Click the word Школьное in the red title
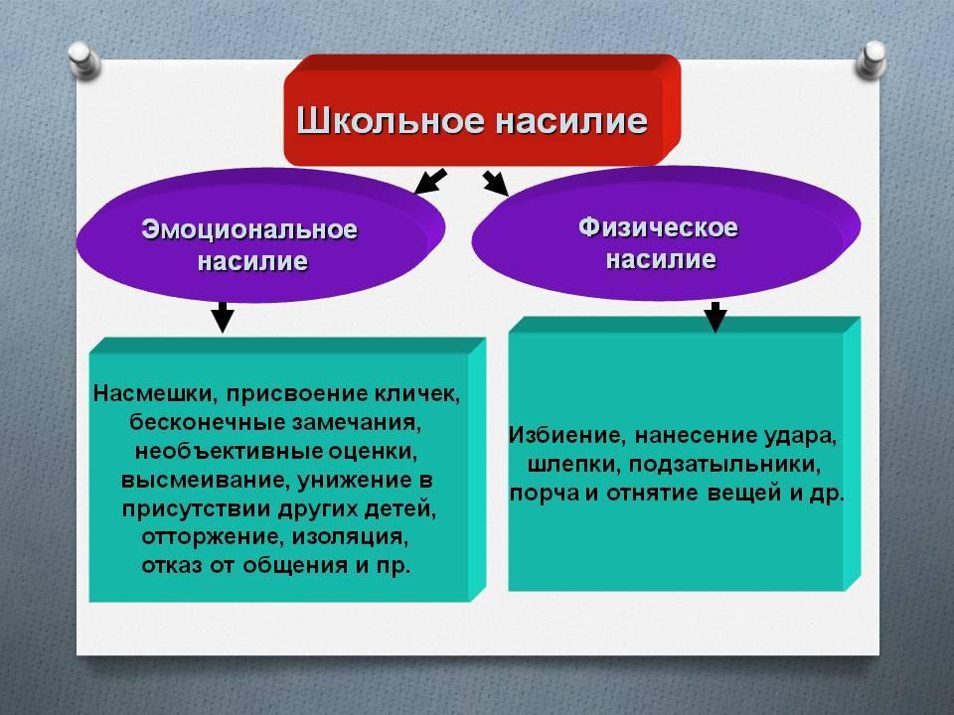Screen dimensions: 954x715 tap(390, 120)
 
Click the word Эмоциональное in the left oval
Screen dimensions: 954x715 tap(249, 229)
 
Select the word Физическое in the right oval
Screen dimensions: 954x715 tap(658, 227)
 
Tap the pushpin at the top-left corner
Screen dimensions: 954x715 tap(83, 60)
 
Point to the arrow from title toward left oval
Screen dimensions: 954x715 tap(430, 181)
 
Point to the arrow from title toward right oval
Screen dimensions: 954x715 tap(495, 183)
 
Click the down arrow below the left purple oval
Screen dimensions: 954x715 tap(223, 317)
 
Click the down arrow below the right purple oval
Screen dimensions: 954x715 tap(715, 317)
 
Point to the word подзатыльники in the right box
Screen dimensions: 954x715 tap(724, 465)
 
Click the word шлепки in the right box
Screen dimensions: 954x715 tap(574, 465)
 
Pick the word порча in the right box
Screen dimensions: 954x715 tap(544, 494)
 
